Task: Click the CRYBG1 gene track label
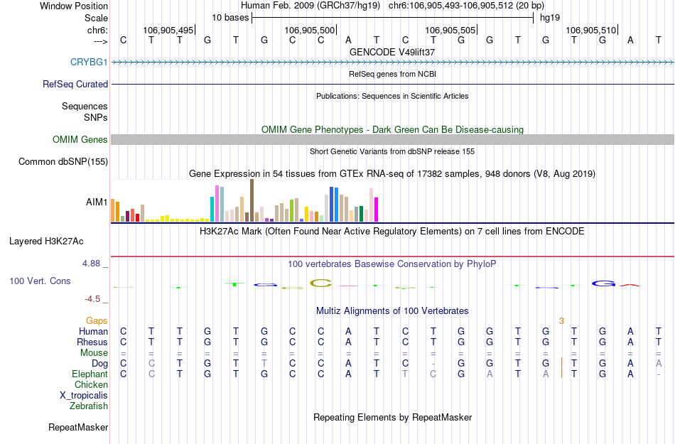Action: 89,63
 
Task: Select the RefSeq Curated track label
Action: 75,84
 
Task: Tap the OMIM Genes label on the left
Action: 80,140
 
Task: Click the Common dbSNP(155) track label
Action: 63,162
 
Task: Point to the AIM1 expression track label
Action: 97,202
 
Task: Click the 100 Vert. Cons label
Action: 40,281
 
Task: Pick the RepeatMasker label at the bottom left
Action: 78,428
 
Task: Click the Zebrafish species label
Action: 89,406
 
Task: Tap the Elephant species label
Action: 90,374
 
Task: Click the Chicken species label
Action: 91,385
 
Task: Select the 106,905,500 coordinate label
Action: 309,31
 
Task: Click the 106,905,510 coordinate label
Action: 591,31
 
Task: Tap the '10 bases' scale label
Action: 229,17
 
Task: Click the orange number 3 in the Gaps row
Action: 561,321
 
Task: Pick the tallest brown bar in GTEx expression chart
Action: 252,200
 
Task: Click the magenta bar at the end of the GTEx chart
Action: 377,210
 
